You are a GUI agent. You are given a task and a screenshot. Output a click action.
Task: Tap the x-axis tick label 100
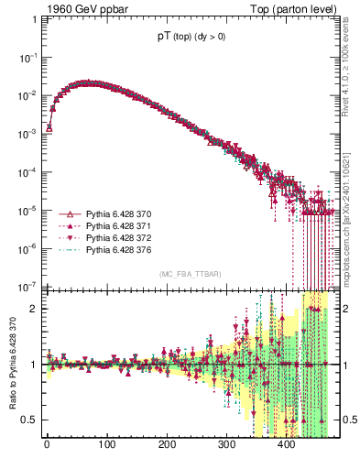click(106, 446)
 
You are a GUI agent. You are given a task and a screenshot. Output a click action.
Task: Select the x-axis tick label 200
click(167, 446)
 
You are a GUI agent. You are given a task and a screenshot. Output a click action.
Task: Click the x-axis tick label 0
click(47, 446)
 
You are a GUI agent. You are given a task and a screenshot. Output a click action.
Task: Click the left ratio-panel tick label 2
click(35, 310)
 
